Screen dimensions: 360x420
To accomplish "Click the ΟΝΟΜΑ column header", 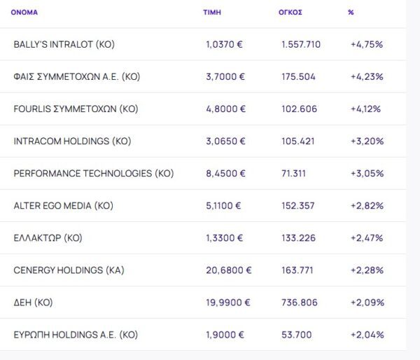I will pyautogui.click(x=24, y=13).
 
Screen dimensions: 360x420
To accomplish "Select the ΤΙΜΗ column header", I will pyautogui.click(x=211, y=13).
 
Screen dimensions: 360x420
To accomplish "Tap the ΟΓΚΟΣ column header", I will pyautogui.click(x=290, y=13).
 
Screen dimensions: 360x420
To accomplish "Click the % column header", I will pyautogui.click(x=351, y=13).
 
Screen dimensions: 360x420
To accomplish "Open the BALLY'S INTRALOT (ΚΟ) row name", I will pyautogui.click(x=64, y=44).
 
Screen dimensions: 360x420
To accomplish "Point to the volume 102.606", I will pyautogui.click(x=299, y=109).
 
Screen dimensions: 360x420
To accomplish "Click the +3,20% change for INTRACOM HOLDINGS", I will pyautogui.click(x=367, y=141).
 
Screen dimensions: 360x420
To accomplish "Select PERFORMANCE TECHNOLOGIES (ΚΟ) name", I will pyautogui.click(x=93, y=173).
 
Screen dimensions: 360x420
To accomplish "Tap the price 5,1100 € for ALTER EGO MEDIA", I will pyautogui.click(x=223, y=206).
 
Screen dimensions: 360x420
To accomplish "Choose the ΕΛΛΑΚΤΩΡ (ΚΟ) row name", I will pyautogui.click(x=48, y=238).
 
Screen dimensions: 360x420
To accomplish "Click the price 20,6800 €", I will pyautogui.click(x=229, y=270).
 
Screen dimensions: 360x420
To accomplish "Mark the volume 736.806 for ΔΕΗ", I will pyautogui.click(x=299, y=303).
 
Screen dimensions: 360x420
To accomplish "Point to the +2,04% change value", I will pyautogui.click(x=367, y=335).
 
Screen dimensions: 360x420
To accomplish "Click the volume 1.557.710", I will pyautogui.click(x=301, y=44).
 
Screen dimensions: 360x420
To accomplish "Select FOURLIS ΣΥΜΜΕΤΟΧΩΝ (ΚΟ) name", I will pyautogui.click(x=76, y=109).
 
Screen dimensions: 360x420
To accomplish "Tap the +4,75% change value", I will pyautogui.click(x=367, y=44).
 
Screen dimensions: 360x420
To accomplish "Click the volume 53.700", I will pyautogui.click(x=296, y=335).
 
